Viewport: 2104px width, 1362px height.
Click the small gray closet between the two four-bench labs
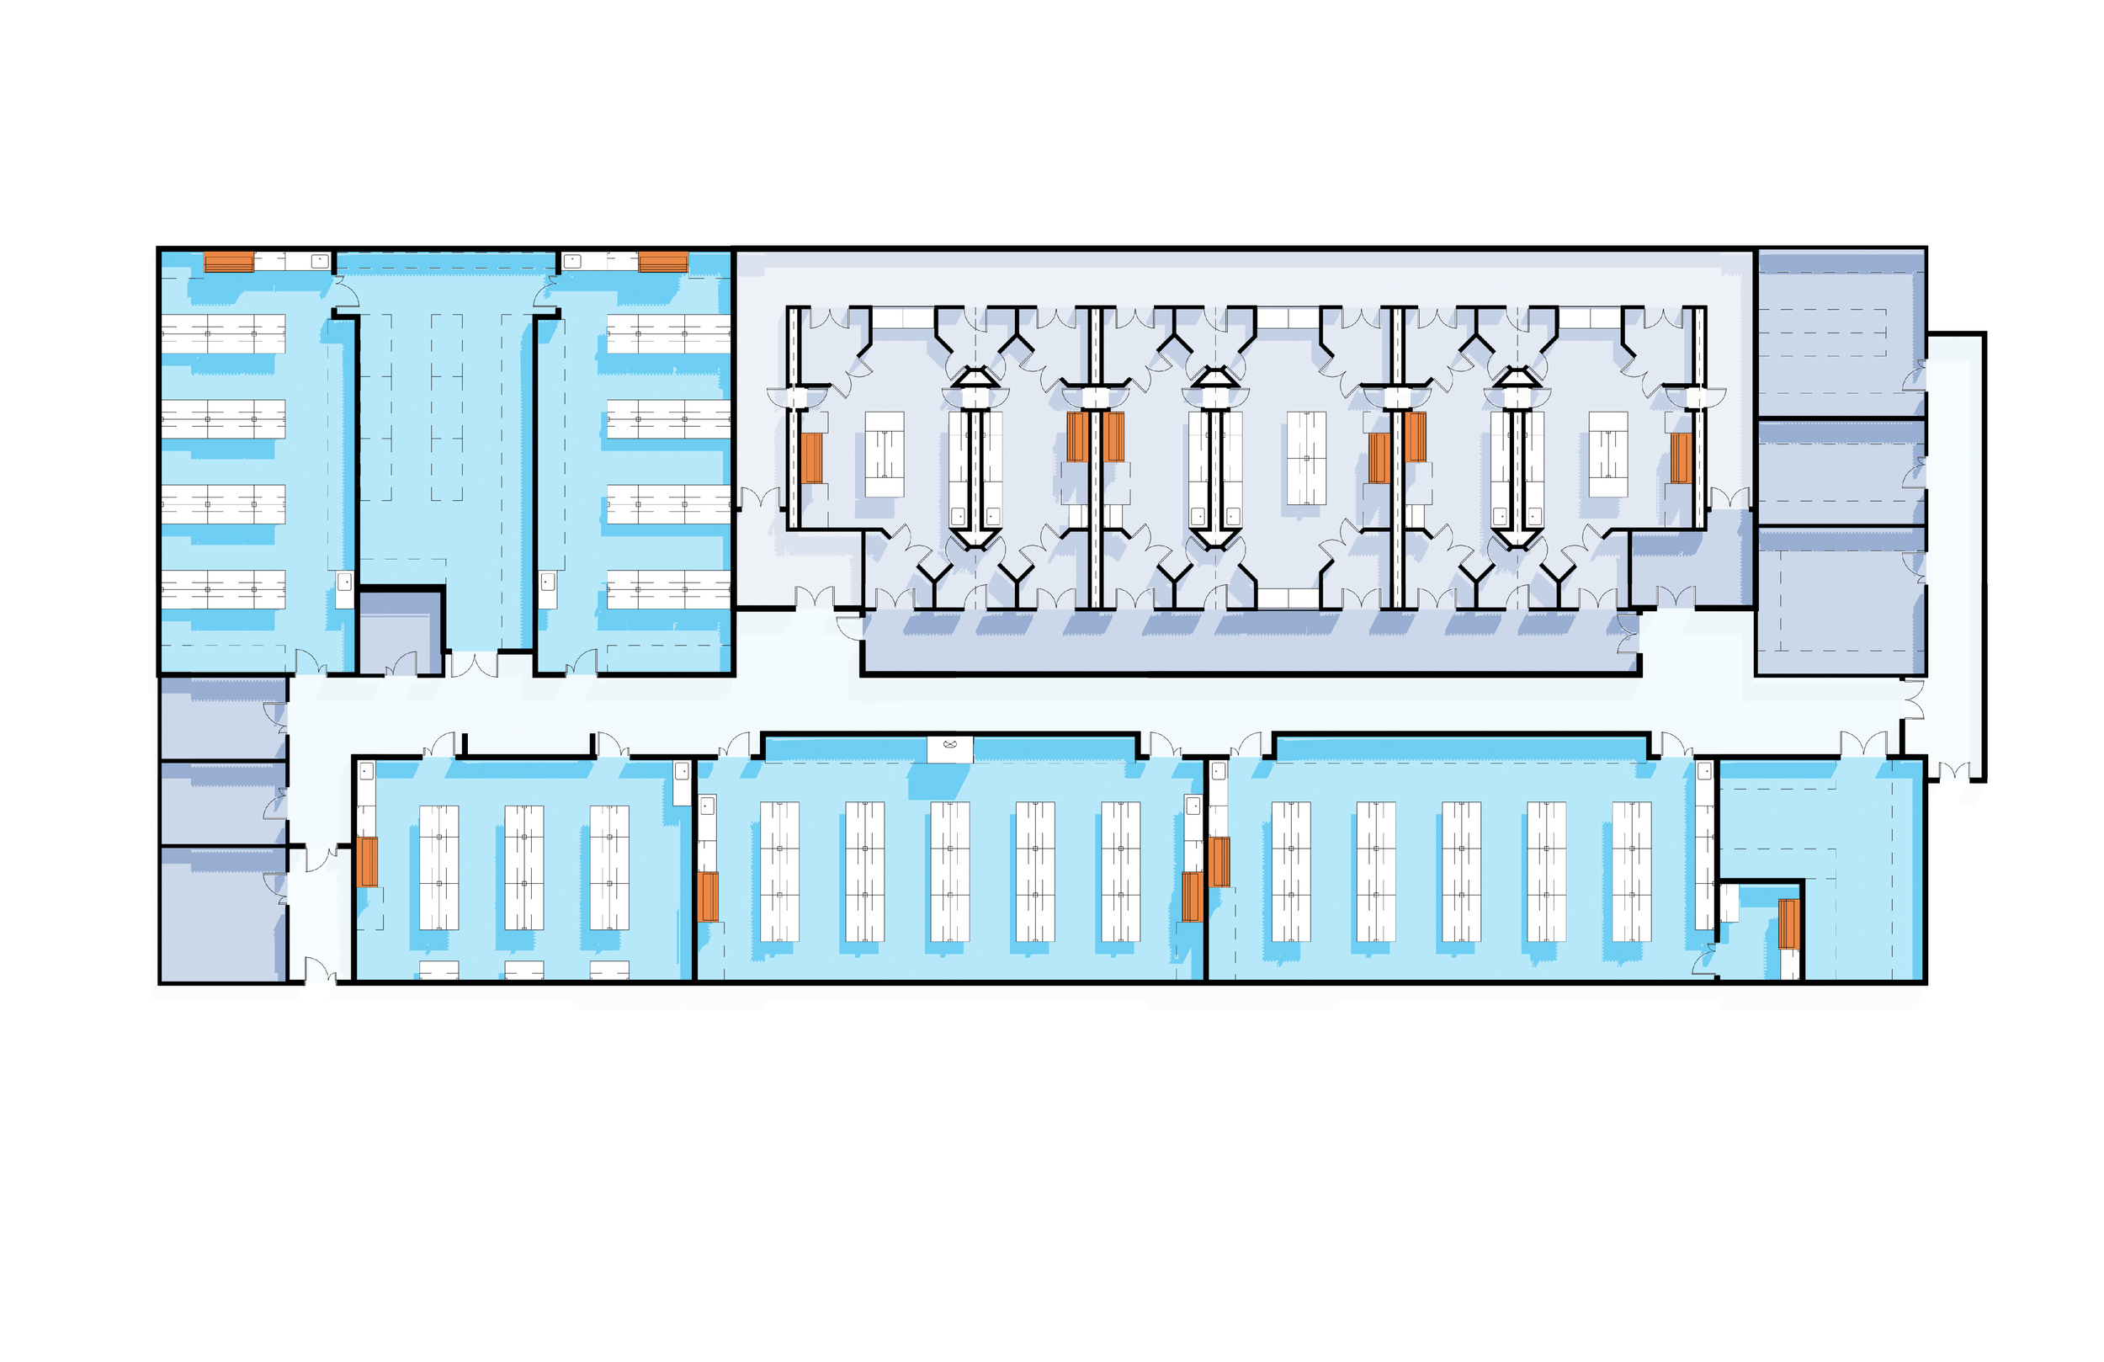(400, 631)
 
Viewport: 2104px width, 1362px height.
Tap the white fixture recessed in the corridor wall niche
(949, 748)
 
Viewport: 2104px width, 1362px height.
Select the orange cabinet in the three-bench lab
(367, 861)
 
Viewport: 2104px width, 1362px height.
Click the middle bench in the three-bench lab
(523, 867)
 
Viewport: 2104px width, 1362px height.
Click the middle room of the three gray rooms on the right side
(1839, 474)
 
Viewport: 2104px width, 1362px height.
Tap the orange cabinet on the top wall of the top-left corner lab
(229, 262)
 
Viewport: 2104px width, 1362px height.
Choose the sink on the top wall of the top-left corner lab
(320, 261)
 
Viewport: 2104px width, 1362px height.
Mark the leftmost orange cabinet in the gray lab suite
(811, 457)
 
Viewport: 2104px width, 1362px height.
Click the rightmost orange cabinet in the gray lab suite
(1681, 457)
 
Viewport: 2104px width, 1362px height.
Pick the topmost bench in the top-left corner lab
(223, 334)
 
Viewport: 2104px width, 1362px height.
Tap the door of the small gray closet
(402, 663)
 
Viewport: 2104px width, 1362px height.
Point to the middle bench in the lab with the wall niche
(949, 871)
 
